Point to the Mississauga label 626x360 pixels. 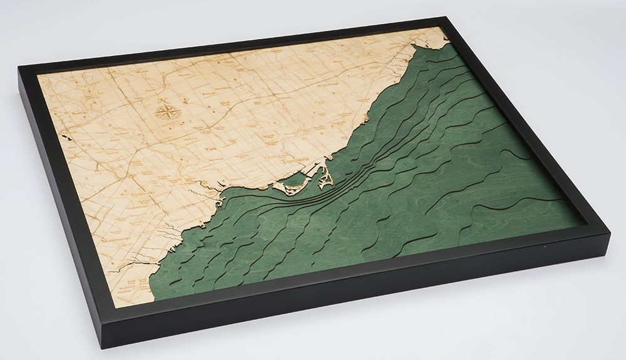(x=113, y=240)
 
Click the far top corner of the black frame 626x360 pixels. (x=448, y=19)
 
